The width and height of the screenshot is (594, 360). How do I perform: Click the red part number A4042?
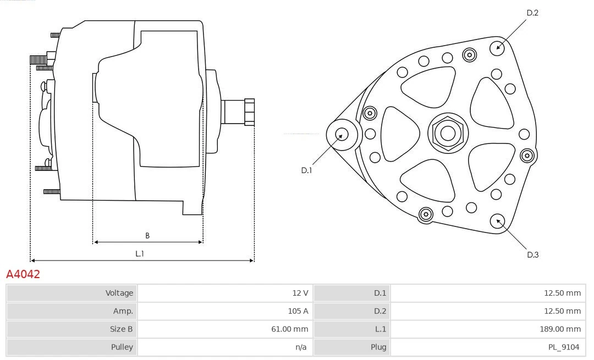click(23, 274)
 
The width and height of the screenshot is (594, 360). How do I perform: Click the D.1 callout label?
click(306, 170)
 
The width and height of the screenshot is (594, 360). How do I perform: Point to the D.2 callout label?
click(532, 13)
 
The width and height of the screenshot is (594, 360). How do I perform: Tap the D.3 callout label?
click(532, 254)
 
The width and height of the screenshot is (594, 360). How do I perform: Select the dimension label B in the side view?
click(147, 236)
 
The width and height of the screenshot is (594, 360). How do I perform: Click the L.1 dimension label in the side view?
click(140, 254)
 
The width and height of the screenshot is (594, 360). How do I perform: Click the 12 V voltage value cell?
click(300, 293)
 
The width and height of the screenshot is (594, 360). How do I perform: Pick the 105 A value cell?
click(298, 311)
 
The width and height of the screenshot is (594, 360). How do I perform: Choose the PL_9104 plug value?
click(564, 347)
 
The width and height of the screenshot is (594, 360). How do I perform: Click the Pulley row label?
click(122, 347)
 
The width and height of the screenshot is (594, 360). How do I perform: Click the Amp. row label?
click(123, 311)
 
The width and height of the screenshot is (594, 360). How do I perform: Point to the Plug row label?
click(378, 347)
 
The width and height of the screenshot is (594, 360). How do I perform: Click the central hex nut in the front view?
click(447, 133)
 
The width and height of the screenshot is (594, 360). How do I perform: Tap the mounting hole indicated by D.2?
click(498, 47)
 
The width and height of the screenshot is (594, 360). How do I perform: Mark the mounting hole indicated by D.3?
click(499, 221)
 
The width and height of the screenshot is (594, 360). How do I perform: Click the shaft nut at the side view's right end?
click(249, 112)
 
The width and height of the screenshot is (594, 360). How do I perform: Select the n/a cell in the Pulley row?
click(301, 347)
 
